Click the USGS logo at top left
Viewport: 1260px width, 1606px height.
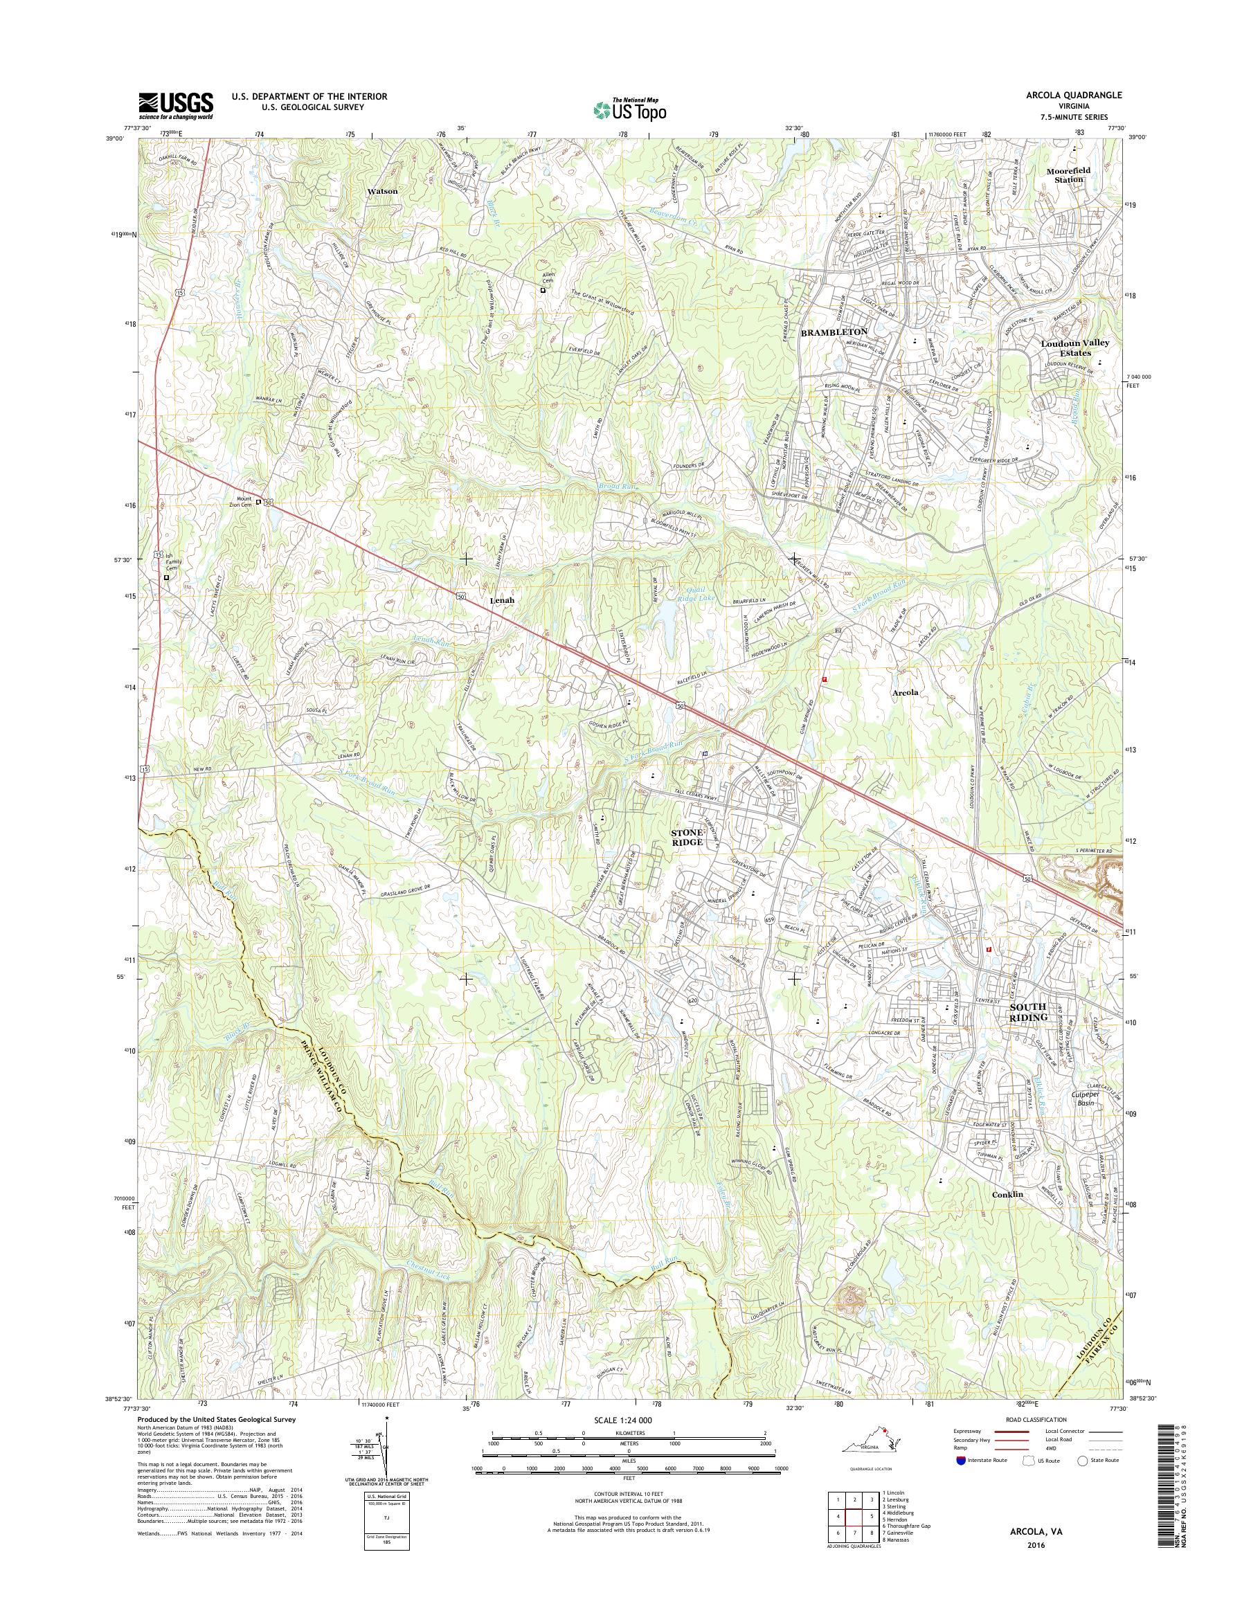(177, 105)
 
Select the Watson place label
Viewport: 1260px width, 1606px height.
(383, 191)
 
